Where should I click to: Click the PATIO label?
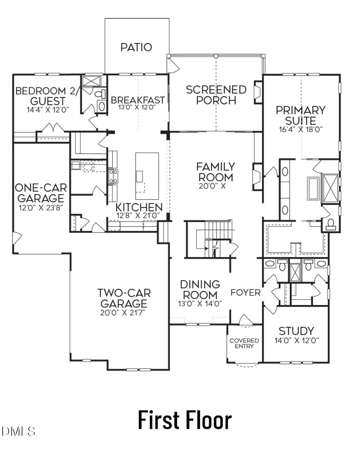[136, 47]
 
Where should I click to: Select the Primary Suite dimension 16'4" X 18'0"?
[301, 129]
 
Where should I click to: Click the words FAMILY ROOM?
[215, 171]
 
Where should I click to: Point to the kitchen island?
[147, 176]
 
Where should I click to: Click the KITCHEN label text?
[139, 207]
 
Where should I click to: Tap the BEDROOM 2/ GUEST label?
[45, 96]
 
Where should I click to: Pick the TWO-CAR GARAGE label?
[123, 298]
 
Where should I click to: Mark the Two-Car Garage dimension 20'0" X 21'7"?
[123, 312]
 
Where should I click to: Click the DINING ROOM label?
[200, 289]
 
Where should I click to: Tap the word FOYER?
[245, 293]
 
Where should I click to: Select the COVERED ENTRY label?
[244, 343]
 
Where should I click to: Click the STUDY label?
[296, 331]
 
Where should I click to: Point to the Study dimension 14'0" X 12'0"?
[296, 341]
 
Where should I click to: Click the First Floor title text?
[185, 420]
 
